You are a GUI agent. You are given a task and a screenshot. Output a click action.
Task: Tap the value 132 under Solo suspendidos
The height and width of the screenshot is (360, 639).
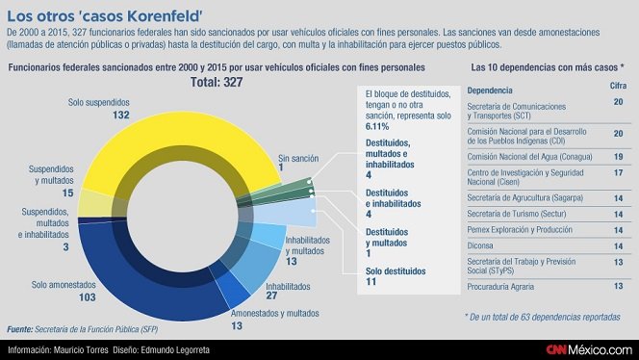(121, 115)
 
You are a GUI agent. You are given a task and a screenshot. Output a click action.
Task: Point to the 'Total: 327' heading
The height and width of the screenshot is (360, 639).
(217, 83)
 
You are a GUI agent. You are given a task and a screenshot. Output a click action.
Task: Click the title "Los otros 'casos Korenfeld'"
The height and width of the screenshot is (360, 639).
(105, 16)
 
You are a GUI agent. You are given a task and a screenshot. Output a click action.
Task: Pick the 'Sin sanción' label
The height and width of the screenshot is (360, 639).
(298, 158)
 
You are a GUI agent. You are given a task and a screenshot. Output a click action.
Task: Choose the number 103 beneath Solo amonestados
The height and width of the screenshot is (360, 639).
(88, 297)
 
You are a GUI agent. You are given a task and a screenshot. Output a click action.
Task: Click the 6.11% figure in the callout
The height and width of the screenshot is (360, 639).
(377, 126)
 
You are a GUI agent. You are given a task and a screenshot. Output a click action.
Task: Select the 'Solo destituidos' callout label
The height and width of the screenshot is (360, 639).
(396, 271)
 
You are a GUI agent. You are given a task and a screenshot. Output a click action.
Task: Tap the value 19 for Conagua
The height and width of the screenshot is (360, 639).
(618, 157)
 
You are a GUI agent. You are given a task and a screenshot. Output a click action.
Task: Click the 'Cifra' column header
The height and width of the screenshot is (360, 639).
(618, 86)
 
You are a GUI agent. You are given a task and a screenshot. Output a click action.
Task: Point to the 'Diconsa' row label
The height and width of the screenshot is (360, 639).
(480, 245)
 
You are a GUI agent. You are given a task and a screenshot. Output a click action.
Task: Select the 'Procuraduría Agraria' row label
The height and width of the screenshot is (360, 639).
(500, 287)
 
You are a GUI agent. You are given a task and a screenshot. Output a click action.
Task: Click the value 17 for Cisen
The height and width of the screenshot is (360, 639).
(618, 173)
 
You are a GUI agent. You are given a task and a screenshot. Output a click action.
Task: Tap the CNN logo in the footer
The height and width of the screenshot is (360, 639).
(556, 349)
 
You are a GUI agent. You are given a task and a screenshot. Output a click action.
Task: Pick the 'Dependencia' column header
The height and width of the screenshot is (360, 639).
(490, 90)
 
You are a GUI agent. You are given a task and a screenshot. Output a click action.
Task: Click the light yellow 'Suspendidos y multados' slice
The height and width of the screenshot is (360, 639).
(94, 203)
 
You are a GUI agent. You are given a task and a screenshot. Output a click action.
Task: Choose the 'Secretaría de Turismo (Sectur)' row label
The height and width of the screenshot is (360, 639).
(517, 214)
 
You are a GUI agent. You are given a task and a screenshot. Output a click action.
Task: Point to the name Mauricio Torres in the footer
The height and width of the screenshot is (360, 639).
(81, 349)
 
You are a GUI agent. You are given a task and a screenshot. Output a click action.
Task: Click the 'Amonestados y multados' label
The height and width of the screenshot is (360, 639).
(274, 314)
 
